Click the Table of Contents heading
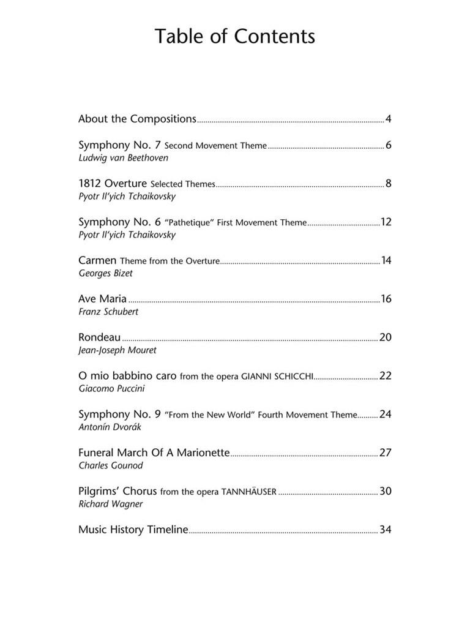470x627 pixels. point(235,37)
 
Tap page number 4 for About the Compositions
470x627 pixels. point(388,119)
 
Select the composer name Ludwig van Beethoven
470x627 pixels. point(123,158)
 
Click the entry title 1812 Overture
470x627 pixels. point(113,183)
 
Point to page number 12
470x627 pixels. point(386,222)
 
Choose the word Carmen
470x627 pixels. point(97,260)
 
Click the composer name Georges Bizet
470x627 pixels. point(105,273)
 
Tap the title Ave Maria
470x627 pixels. point(102,299)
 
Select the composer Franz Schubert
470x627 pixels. point(108,312)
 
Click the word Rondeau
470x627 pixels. point(99,337)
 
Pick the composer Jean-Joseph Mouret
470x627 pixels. point(117,350)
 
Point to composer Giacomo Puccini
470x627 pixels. point(111,389)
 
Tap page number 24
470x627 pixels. point(386,414)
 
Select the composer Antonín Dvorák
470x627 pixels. point(110,427)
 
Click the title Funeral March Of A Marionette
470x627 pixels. point(154,453)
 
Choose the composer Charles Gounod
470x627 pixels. point(111,465)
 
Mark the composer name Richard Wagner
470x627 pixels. point(110,504)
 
